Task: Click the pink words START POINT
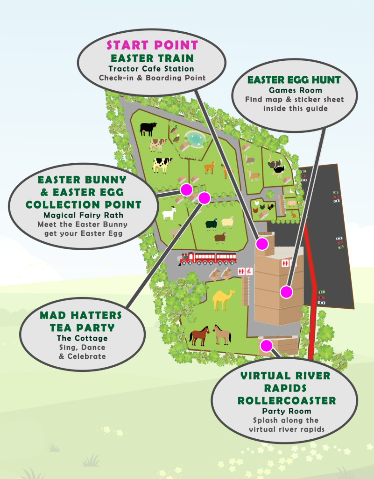click(x=152, y=45)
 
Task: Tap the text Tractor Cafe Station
click(x=152, y=69)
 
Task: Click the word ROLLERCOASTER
click(x=286, y=401)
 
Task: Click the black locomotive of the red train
click(x=186, y=259)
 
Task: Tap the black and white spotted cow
click(x=162, y=164)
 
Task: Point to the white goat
click(x=169, y=214)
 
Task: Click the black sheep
click(x=212, y=224)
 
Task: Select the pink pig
click(x=291, y=203)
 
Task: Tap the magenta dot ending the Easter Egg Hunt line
click(x=286, y=292)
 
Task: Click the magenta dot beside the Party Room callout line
click(x=266, y=346)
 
